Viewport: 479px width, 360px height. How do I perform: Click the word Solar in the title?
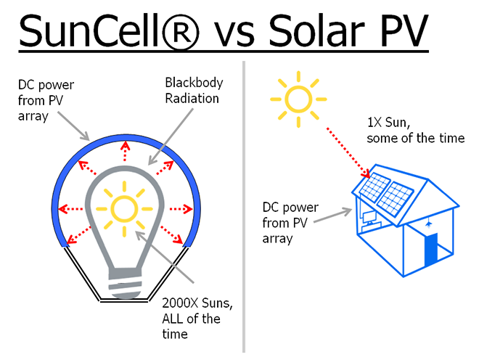(316, 31)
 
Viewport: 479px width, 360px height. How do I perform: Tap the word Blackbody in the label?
(194, 83)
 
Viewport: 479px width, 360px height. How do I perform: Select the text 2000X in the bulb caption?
(180, 303)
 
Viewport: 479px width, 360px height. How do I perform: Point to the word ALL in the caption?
(173, 319)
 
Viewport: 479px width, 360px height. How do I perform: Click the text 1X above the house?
(374, 122)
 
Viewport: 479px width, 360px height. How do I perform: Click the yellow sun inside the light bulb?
(124, 209)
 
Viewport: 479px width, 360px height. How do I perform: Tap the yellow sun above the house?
(298, 99)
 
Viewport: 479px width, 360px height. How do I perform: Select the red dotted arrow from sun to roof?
(349, 153)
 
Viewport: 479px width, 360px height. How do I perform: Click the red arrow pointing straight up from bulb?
(125, 151)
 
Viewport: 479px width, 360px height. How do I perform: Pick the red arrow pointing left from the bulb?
(70, 209)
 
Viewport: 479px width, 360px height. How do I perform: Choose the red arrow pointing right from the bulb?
(181, 209)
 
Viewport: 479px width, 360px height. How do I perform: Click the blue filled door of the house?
(431, 250)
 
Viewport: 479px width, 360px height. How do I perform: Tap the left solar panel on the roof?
(374, 187)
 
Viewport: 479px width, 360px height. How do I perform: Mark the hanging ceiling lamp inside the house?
(429, 224)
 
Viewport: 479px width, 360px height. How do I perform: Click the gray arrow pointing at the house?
(333, 215)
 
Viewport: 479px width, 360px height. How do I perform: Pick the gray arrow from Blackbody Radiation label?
(171, 137)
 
